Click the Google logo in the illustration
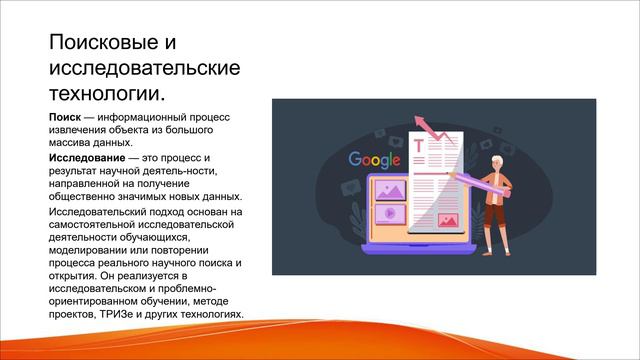click(375, 159)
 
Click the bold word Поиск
click(65, 117)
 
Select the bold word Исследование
click(85, 158)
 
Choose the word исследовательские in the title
click(145, 68)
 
